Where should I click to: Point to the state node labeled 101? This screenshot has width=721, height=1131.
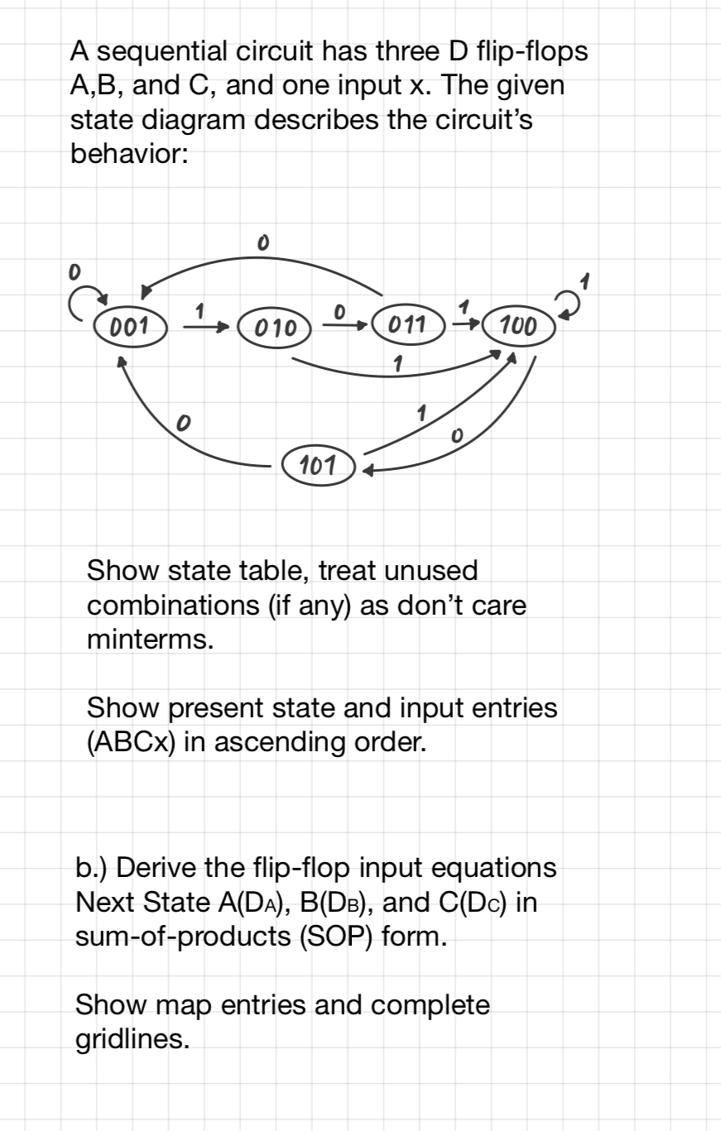[x=318, y=466]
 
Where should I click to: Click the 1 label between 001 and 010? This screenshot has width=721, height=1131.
[x=199, y=312]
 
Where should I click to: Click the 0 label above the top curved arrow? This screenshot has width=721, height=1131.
[x=262, y=242]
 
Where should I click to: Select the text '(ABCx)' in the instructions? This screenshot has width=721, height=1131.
[x=130, y=742]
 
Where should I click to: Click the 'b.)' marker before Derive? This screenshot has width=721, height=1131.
[x=91, y=868]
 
